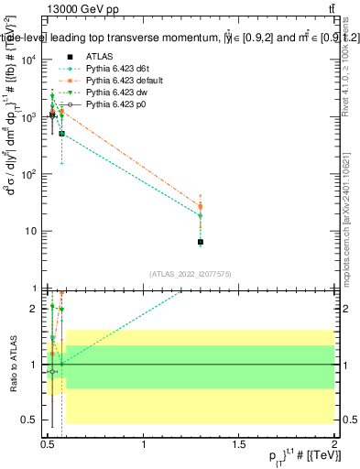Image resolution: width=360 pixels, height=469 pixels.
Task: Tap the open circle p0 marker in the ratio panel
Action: (x=52, y=372)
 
